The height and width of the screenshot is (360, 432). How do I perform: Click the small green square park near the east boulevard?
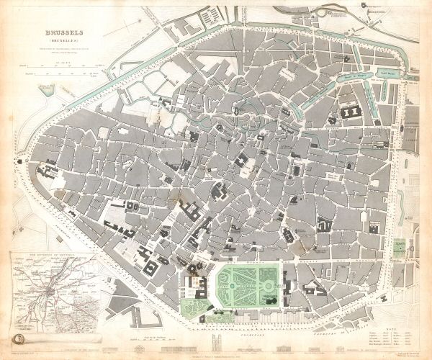pyautogui.click(x=400, y=248)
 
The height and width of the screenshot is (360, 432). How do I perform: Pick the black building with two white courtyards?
pyautogui.click(x=351, y=112)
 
